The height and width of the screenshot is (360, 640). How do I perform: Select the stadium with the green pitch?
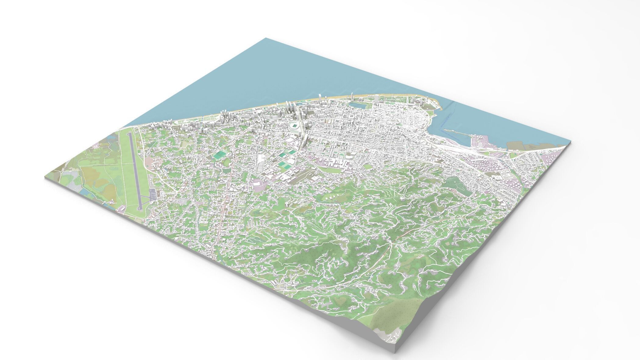tap(294, 125)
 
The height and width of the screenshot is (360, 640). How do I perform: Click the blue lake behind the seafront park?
tap(355, 105)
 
